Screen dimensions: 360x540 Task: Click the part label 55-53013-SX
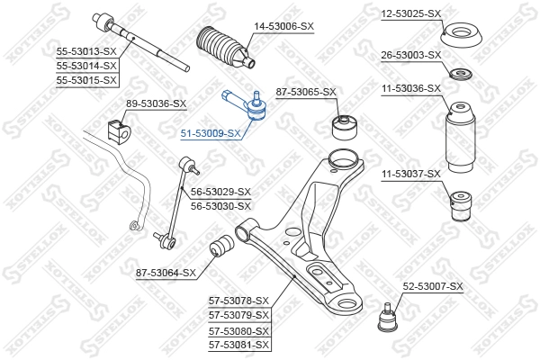(87, 50)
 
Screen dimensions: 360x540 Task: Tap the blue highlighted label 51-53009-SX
(211, 133)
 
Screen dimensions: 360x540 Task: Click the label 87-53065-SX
(306, 92)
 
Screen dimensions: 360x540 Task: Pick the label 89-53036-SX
(156, 103)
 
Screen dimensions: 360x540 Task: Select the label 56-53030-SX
(220, 206)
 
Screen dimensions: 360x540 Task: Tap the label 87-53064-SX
(166, 272)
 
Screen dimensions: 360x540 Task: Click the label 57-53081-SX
(239, 344)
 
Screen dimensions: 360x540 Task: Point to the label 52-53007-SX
(432, 286)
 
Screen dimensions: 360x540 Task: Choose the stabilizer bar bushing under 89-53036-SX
(117, 129)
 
